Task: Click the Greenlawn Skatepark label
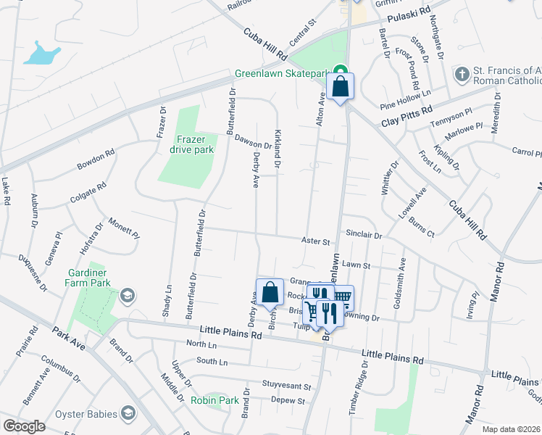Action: coord(281,74)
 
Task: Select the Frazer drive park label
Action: coord(188,144)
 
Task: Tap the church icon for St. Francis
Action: coord(461,74)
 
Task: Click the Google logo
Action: coord(24,426)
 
